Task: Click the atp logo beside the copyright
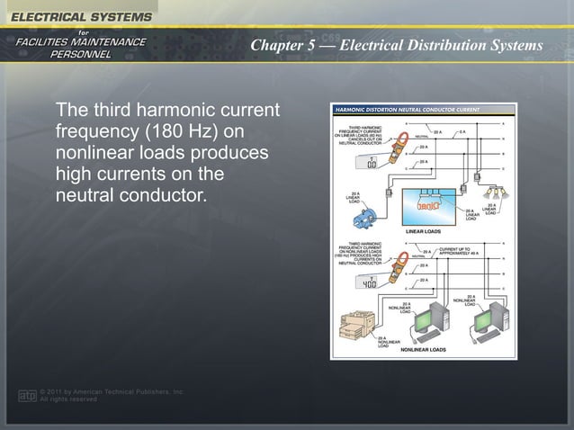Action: coord(27,395)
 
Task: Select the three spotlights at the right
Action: coord(494,193)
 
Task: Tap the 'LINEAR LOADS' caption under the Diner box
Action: coord(423,232)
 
